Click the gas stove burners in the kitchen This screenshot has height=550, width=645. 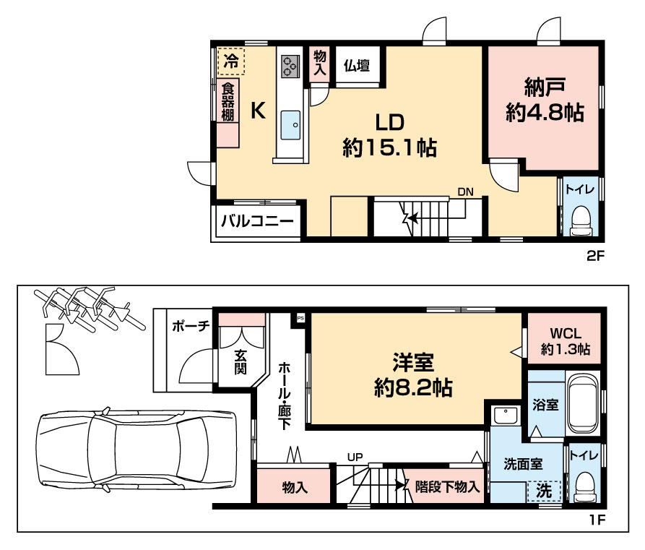[290, 66]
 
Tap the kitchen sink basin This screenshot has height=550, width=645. [290, 125]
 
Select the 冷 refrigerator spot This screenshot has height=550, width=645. [230, 61]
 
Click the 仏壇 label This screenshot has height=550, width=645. [357, 66]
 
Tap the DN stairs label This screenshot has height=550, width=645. [466, 192]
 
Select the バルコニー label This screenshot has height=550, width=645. [258, 221]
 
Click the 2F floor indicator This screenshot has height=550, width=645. [595, 257]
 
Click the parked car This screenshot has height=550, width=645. [137, 449]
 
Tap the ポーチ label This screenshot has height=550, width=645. [191, 327]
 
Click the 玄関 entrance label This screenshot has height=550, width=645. [241, 362]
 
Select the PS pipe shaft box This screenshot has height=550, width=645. [300, 318]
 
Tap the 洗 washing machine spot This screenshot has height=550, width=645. [544, 491]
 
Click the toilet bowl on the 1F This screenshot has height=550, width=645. [584, 486]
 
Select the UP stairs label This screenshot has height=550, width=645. [355, 457]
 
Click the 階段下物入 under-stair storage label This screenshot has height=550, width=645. [447, 487]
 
